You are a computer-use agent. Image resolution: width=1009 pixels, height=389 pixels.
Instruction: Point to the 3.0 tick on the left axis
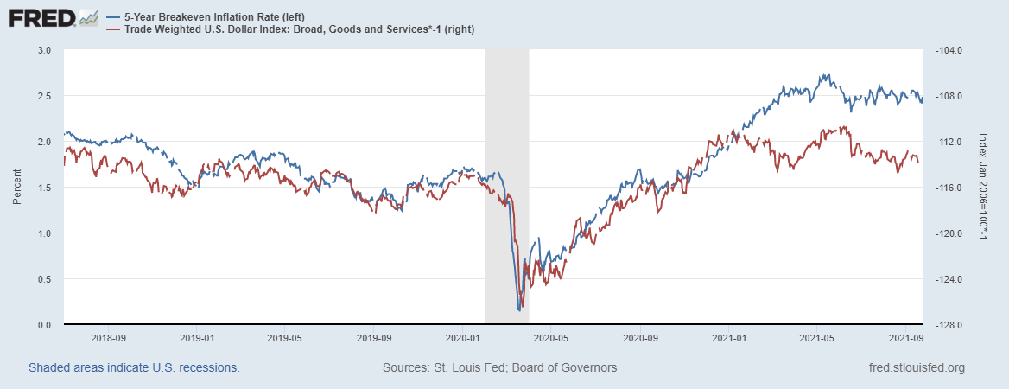[46, 50]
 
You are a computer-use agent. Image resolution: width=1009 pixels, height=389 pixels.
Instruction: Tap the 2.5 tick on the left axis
[46, 96]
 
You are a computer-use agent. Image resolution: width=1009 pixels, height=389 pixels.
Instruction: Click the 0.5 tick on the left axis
[46, 279]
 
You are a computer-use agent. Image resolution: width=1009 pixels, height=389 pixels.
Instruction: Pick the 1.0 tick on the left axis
[46, 233]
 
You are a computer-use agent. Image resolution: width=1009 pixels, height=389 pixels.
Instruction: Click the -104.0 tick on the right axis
[949, 50]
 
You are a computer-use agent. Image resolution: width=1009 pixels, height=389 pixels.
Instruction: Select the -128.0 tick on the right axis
[949, 325]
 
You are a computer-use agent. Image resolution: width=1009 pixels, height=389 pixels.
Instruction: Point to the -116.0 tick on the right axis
[949, 188]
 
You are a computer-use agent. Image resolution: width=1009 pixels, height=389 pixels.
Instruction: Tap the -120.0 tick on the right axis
[949, 233]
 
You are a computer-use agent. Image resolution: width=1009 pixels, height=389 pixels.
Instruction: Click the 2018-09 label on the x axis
[109, 338]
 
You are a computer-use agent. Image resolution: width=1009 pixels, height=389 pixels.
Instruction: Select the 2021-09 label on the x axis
[904, 338]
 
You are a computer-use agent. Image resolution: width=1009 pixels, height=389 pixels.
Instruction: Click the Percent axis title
[16, 188]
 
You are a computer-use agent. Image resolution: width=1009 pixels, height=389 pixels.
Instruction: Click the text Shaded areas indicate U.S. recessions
[134, 367]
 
